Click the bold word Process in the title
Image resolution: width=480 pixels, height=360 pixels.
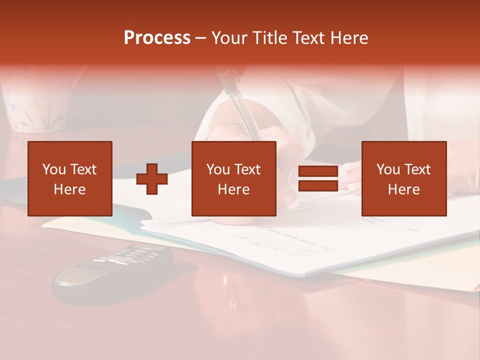[157, 38]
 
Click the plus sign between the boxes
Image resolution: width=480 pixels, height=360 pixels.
[152, 179]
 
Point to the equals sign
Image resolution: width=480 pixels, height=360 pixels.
[318, 179]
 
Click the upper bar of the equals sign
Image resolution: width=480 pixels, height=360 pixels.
[318, 171]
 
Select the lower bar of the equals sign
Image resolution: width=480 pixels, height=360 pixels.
[318, 186]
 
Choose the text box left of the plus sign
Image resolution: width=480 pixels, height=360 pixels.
[70, 178]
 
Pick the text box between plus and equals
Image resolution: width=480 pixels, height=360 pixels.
[233, 178]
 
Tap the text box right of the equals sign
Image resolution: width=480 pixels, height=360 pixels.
[404, 178]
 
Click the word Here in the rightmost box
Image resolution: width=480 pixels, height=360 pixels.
[404, 189]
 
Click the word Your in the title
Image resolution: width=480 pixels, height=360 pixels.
[228, 38]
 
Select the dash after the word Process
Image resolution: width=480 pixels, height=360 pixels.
[200, 38]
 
